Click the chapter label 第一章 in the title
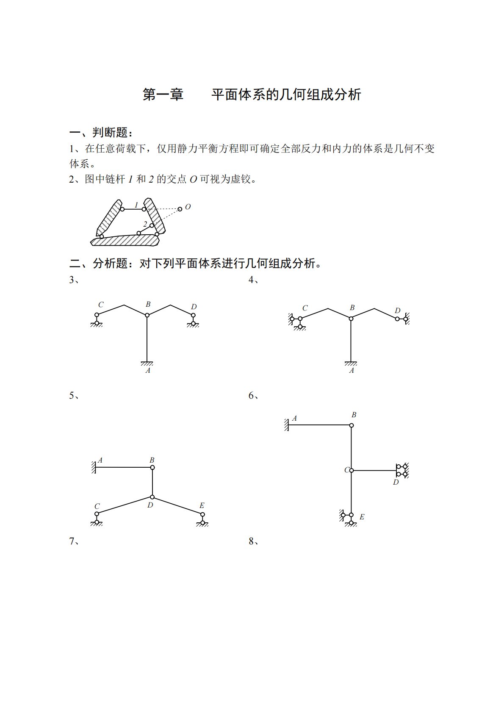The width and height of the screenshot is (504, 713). click(163, 94)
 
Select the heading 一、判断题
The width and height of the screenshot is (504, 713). click(101, 133)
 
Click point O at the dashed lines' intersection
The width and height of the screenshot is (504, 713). click(180, 208)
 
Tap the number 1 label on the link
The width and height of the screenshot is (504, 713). click(136, 205)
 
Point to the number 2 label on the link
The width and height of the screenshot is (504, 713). click(145, 224)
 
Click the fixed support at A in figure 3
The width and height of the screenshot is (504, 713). click(147, 363)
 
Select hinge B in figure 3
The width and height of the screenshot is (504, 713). click(147, 315)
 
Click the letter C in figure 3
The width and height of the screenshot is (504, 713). click(101, 305)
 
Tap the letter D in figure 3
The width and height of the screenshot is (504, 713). click(194, 307)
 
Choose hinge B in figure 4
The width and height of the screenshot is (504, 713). click(351, 318)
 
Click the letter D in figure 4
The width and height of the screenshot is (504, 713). click(397, 311)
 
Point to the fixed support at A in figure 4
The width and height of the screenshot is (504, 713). click(351, 363)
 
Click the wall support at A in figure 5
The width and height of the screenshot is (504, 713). click(94, 467)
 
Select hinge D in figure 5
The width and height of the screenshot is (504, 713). click(152, 497)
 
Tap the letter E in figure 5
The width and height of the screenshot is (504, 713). click(202, 505)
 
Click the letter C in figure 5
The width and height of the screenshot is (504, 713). click(97, 506)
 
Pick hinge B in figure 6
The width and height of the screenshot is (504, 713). click(351, 425)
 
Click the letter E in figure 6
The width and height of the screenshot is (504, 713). click(362, 517)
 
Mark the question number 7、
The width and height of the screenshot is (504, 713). click(74, 541)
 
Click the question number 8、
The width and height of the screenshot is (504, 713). click(254, 541)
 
